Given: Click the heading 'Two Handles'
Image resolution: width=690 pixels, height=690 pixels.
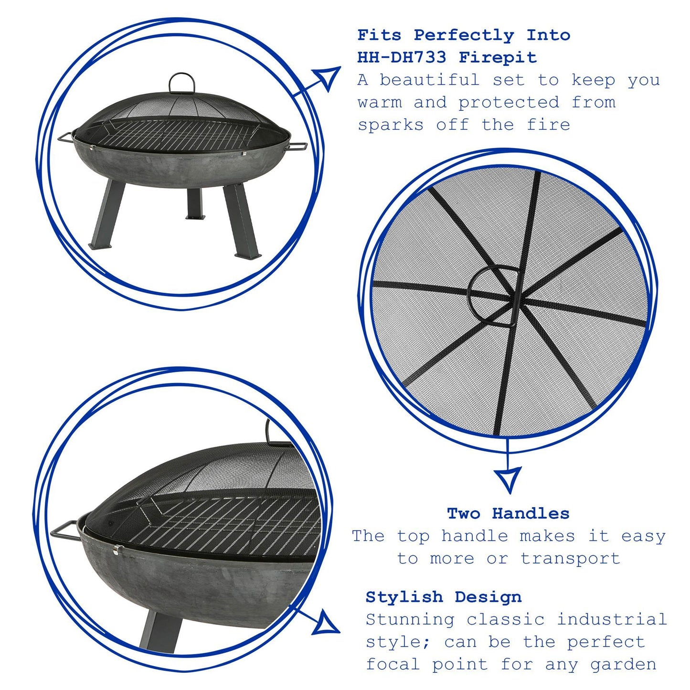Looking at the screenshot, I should (x=508, y=514).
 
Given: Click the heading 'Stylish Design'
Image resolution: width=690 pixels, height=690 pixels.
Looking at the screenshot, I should (x=444, y=597).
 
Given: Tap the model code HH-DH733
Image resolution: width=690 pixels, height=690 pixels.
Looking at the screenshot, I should (x=402, y=58).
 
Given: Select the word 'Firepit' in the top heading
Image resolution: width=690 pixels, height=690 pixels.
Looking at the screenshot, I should (x=498, y=58).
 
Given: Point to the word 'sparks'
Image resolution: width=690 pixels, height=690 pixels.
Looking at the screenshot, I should (x=391, y=125).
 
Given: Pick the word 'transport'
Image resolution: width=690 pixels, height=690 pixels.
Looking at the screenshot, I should (x=570, y=558).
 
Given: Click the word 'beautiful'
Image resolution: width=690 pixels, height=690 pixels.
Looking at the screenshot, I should (x=429, y=80).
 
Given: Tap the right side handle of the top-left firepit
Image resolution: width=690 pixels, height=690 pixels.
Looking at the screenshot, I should (x=297, y=146).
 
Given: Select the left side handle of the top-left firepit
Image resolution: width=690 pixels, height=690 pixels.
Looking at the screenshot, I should (x=65, y=138).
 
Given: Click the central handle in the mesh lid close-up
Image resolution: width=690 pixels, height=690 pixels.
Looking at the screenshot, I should (x=492, y=297).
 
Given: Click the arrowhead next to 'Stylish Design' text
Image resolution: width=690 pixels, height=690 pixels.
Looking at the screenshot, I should (x=326, y=623).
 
